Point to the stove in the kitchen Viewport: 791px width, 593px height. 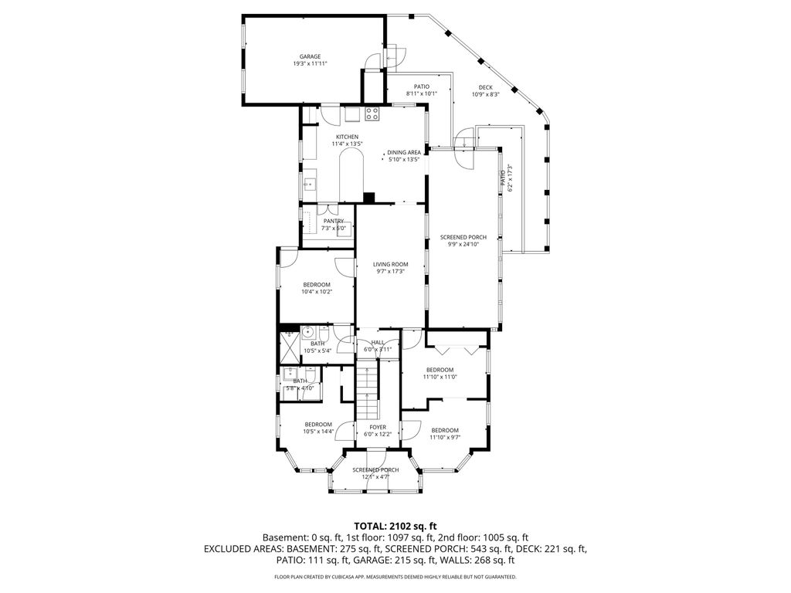[x=372, y=115]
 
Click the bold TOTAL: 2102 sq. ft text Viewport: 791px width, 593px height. [x=395, y=525]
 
